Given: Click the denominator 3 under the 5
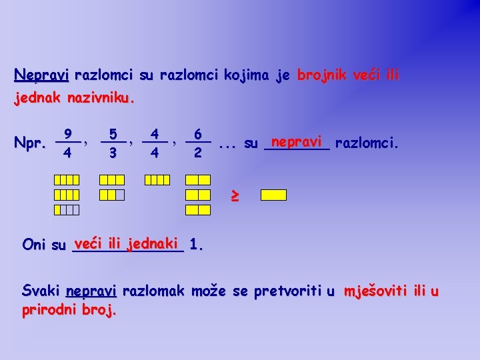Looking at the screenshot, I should point(113,153).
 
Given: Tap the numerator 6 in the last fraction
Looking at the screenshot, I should point(198,134).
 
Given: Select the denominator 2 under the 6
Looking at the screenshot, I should point(198,153).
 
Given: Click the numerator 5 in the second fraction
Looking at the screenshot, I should point(113,134).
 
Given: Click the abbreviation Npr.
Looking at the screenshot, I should point(29,143).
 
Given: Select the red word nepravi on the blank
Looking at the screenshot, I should point(297,141).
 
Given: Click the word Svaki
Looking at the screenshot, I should point(41,291).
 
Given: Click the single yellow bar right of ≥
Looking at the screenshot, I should point(273,195).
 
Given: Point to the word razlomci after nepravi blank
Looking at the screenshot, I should point(367,143).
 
